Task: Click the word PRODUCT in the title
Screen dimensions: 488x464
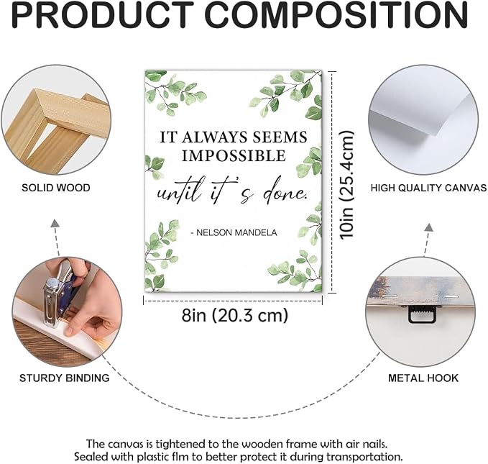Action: [101, 14]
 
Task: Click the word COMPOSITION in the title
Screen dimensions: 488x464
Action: [336, 14]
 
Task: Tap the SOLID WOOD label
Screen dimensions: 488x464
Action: [56, 188]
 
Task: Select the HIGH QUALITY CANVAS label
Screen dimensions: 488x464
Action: [428, 188]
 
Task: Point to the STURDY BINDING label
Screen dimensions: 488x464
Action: [65, 378]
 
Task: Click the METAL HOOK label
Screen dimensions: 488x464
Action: [423, 378]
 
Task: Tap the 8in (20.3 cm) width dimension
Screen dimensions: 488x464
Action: [235, 315]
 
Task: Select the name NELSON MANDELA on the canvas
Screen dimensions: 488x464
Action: [237, 232]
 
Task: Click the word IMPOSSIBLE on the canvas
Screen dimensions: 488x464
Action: [234, 156]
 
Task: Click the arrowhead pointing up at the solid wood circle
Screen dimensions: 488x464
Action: [55, 223]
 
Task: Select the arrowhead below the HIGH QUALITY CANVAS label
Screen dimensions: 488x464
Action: [430, 227]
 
